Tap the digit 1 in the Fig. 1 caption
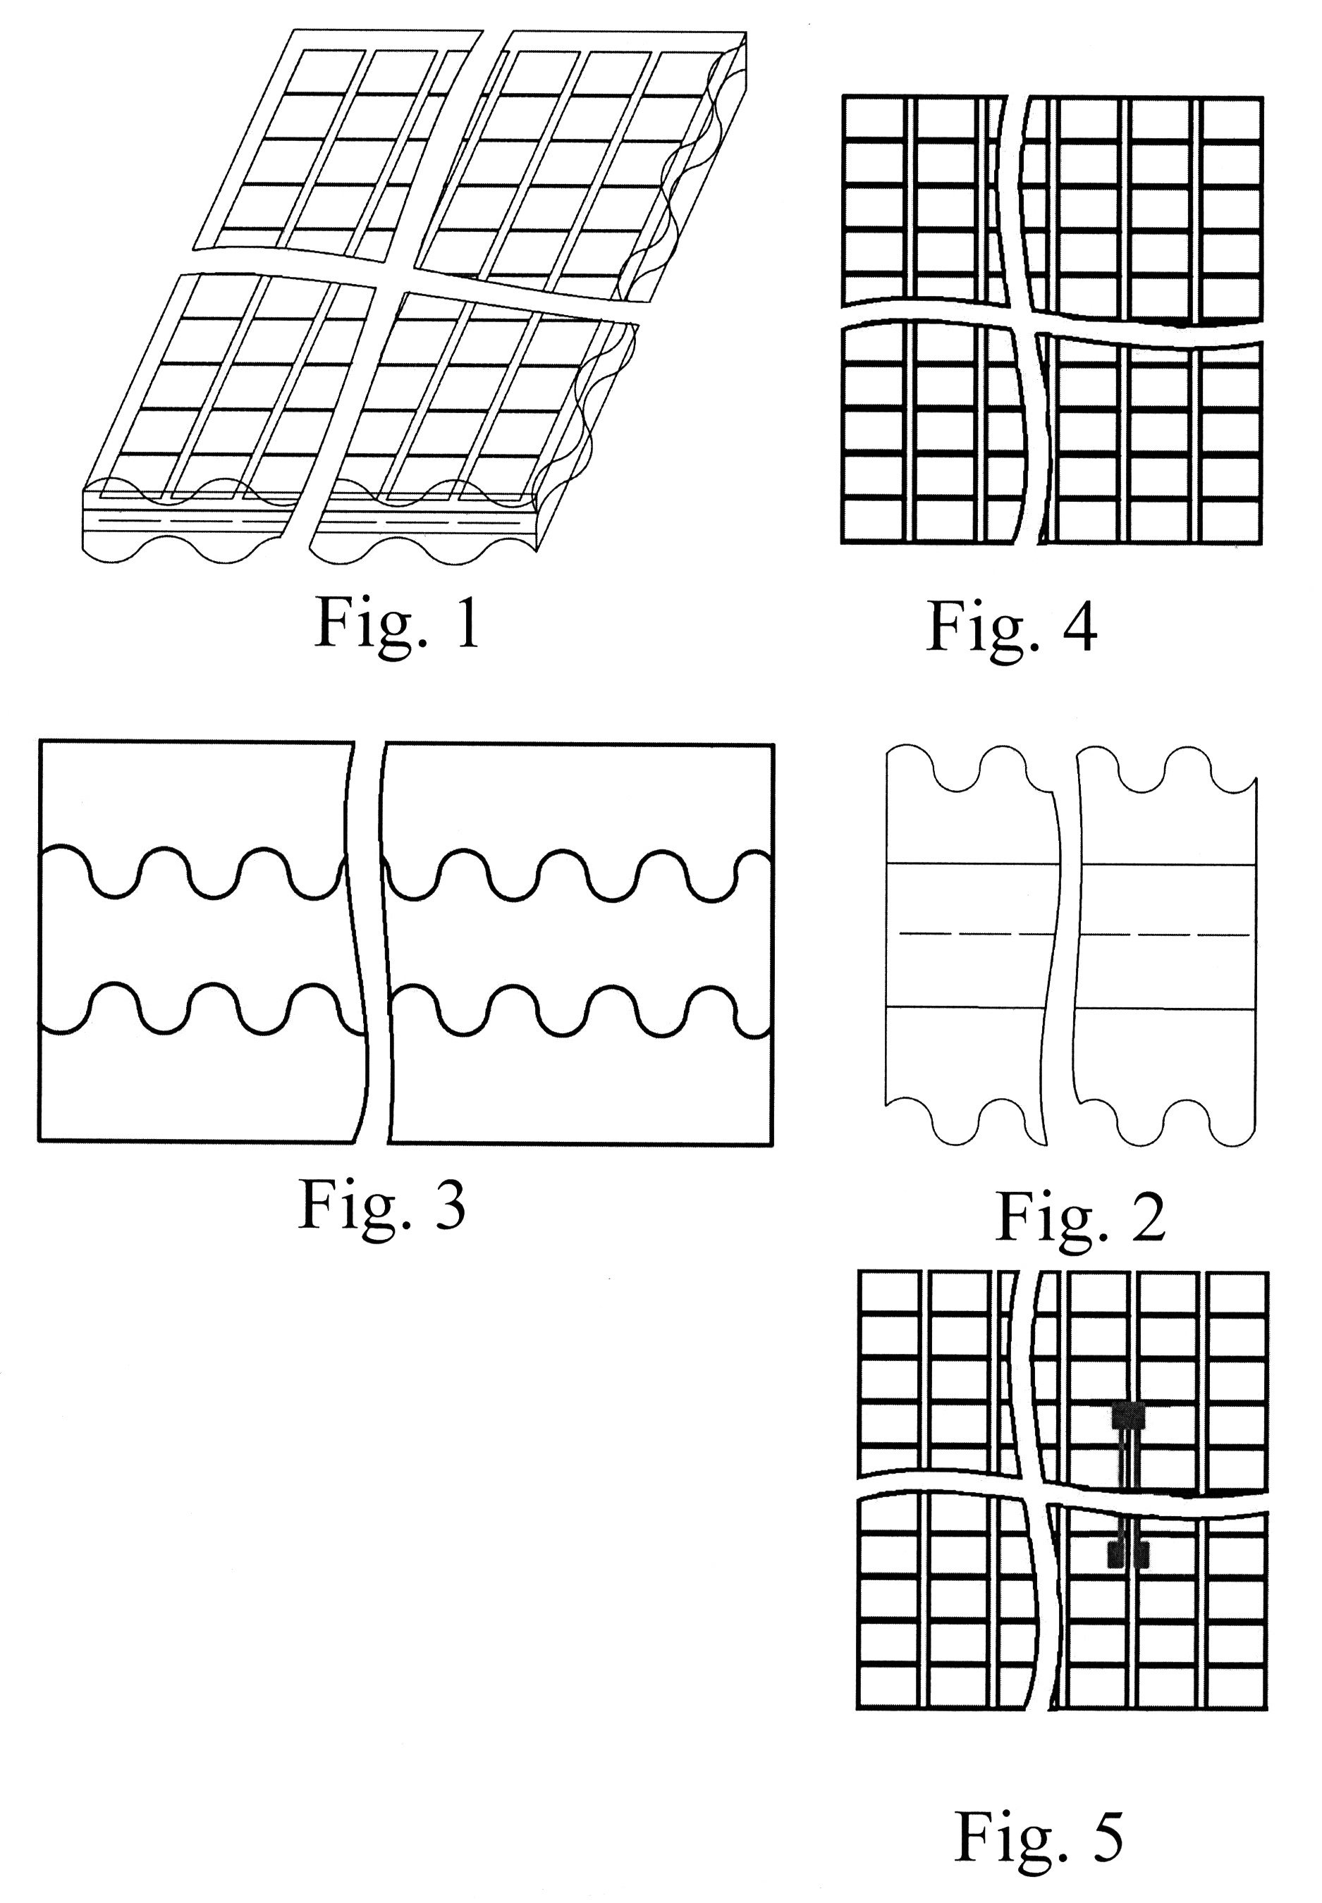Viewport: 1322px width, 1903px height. click(x=468, y=623)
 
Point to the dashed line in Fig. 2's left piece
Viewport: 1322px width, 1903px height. click(x=973, y=933)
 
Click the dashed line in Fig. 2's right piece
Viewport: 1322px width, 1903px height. click(x=1164, y=934)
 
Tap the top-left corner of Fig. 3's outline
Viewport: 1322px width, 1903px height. click(x=39, y=741)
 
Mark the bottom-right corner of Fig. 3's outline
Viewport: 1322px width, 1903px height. click(x=772, y=1145)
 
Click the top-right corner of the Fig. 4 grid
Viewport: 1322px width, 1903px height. click(x=1261, y=99)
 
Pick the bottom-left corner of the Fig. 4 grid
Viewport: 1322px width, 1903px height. click(x=843, y=543)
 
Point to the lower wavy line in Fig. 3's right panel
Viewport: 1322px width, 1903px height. click(x=580, y=1010)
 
